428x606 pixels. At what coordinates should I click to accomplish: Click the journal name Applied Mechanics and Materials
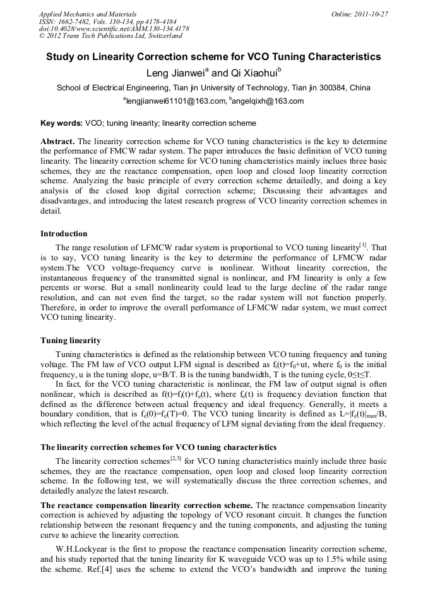88,13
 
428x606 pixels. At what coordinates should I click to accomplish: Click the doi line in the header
114,28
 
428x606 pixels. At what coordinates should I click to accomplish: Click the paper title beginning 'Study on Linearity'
213,57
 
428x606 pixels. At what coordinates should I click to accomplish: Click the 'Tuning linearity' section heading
70,340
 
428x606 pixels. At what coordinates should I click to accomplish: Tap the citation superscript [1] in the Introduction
363,245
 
